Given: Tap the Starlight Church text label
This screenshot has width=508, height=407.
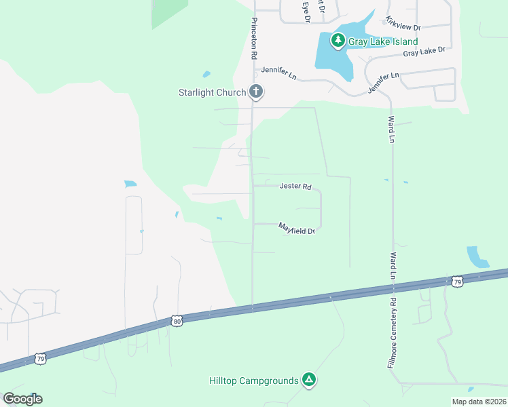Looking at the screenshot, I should point(211,92).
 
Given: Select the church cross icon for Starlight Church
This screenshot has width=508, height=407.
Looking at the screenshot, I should point(256,92).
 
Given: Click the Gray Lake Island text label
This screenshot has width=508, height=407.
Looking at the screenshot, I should point(383,41).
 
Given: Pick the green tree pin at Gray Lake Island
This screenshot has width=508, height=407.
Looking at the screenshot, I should point(338,41).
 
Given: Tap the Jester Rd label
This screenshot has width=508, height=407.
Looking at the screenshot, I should point(295,186).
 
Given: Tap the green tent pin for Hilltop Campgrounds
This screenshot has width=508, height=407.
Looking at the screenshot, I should point(309,380).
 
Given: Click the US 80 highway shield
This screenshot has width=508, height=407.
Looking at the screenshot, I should point(177,321).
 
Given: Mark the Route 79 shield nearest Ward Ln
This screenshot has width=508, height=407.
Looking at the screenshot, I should point(456,281).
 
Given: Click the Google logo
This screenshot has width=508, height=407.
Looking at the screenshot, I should point(22,399).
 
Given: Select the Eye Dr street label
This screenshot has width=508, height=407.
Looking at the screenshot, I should point(306,12).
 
